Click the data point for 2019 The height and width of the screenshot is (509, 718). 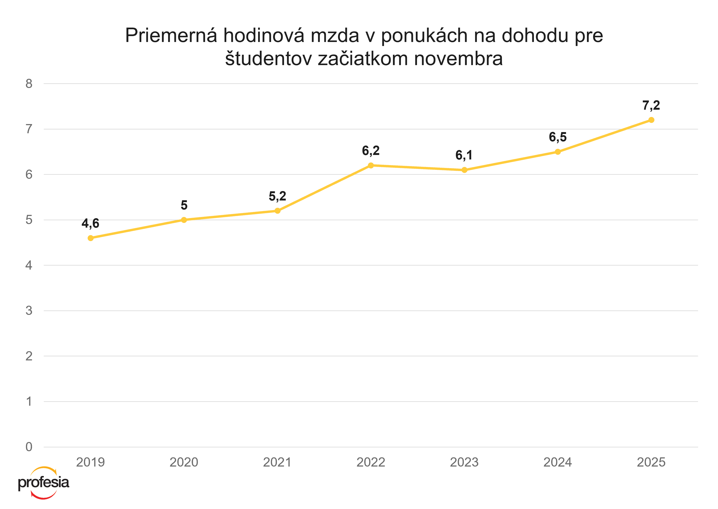coord(91,238)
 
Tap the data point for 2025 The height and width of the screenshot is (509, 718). coord(651,120)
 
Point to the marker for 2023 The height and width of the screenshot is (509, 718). coord(464,170)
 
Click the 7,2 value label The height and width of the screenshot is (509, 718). coord(651,106)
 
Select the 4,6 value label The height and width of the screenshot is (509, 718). coord(90,223)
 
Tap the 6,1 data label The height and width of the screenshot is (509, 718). coord(464,155)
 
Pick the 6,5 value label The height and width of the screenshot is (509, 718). coord(558,137)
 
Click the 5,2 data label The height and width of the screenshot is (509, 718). coord(277,196)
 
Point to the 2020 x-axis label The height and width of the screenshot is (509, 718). coord(184,462)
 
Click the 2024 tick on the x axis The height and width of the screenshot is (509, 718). coord(558,462)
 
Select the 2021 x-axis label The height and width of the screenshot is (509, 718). coord(277,462)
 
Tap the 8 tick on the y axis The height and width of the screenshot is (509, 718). coord(29,84)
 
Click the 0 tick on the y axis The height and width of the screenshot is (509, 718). coord(29,447)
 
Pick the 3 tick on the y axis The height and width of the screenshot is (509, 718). coord(29,311)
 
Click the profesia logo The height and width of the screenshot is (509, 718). coord(44,483)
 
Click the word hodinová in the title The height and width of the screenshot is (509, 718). coord(264,35)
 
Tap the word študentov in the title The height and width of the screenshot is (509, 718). coord(268,58)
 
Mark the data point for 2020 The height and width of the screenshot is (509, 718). coord(184,220)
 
